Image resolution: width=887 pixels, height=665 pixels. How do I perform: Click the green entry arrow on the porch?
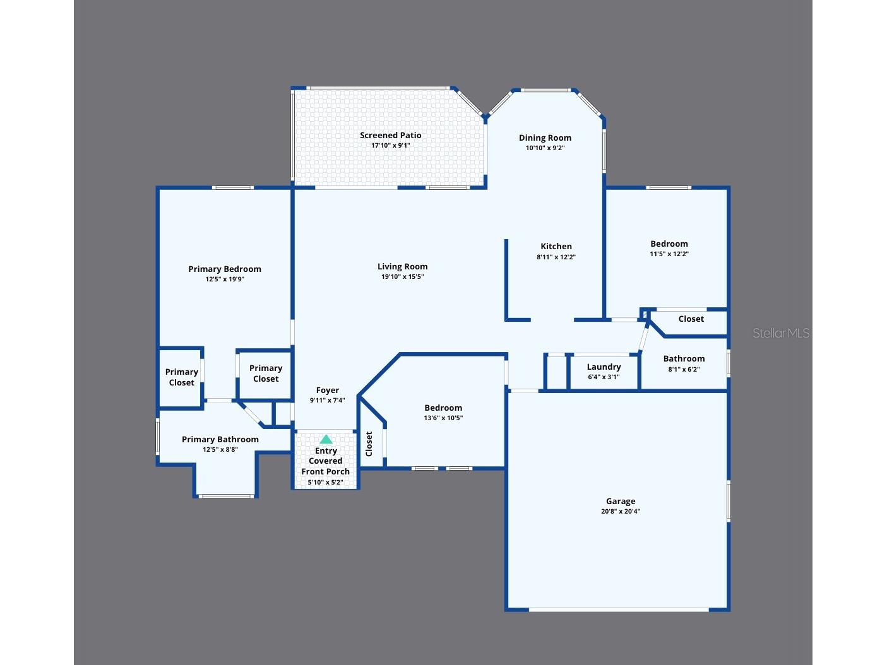click(x=326, y=439)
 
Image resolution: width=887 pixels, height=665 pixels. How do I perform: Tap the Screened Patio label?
click(x=390, y=135)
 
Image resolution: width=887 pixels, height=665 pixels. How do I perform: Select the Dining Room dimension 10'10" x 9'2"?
click(x=545, y=148)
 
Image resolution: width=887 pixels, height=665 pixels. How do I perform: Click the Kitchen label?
click(x=556, y=246)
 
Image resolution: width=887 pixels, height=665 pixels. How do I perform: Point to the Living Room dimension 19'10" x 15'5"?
click(x=403, y=276)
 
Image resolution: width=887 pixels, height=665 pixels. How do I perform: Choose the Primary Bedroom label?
click(x=225, y=269)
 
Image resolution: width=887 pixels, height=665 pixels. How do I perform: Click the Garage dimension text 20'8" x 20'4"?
click(x=621, y=511)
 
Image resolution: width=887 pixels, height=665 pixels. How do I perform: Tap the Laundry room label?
click(x=604, y=367)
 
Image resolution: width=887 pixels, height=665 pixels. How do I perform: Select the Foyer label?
click(x=327, y=390)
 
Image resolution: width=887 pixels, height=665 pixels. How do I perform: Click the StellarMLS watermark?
click(x=781, y=332)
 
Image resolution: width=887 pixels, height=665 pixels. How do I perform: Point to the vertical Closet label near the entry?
click(x=369, y=444)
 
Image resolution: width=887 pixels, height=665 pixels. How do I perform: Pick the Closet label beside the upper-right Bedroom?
click(x=691, y=319)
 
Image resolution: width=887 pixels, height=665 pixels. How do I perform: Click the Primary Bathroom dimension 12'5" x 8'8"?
click(x=220, y=449)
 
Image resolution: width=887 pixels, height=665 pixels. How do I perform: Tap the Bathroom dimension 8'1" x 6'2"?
click(x=684, y=369)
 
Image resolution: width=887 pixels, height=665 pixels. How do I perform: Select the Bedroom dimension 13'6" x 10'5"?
click(x=443, y=418)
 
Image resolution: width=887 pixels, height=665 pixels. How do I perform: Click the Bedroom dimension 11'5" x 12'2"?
click(x=669, y=254)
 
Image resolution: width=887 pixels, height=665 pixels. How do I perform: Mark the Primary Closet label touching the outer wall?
click(x=181, y=377)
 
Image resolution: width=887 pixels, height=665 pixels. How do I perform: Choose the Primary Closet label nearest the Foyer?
click(x=266, y=374)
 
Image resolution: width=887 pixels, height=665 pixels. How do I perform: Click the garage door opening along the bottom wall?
click(x=619, y=609)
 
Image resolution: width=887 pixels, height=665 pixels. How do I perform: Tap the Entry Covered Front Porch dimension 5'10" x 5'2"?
click(x=325, y=482)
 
